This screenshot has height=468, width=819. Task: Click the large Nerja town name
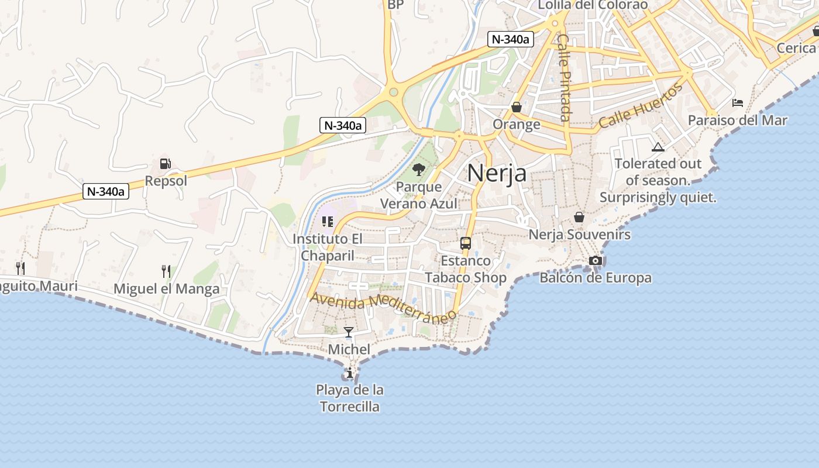coord(497,173)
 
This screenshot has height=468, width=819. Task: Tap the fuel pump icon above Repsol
coord(166,164)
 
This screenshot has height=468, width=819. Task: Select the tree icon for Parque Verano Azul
coord(418,170)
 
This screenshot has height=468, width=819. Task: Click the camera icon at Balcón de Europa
coord(595,260)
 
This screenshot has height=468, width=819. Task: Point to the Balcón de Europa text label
coord(595,278)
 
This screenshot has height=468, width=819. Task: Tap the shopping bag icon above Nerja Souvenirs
coord(579,217)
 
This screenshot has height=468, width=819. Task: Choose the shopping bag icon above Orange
coord(517,107)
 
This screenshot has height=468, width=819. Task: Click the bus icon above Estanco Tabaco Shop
coord(466,243)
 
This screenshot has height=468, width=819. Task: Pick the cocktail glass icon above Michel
coord(349,332)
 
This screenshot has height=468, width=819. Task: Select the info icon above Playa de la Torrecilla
coord(349,373)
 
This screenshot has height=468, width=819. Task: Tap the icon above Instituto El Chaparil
coord(328,222)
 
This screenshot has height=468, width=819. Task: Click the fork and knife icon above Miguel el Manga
coord(166,271)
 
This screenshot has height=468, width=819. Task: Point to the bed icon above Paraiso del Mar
coord(738,103)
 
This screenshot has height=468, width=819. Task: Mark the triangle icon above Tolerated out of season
coord(658,147)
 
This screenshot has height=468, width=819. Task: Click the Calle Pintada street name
coord(564,77)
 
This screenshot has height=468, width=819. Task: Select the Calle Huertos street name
coord(641,106)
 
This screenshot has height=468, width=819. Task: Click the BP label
coord(395,5)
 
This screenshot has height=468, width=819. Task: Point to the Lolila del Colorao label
coord(593,5)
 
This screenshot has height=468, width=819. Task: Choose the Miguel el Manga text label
coord(167,289)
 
